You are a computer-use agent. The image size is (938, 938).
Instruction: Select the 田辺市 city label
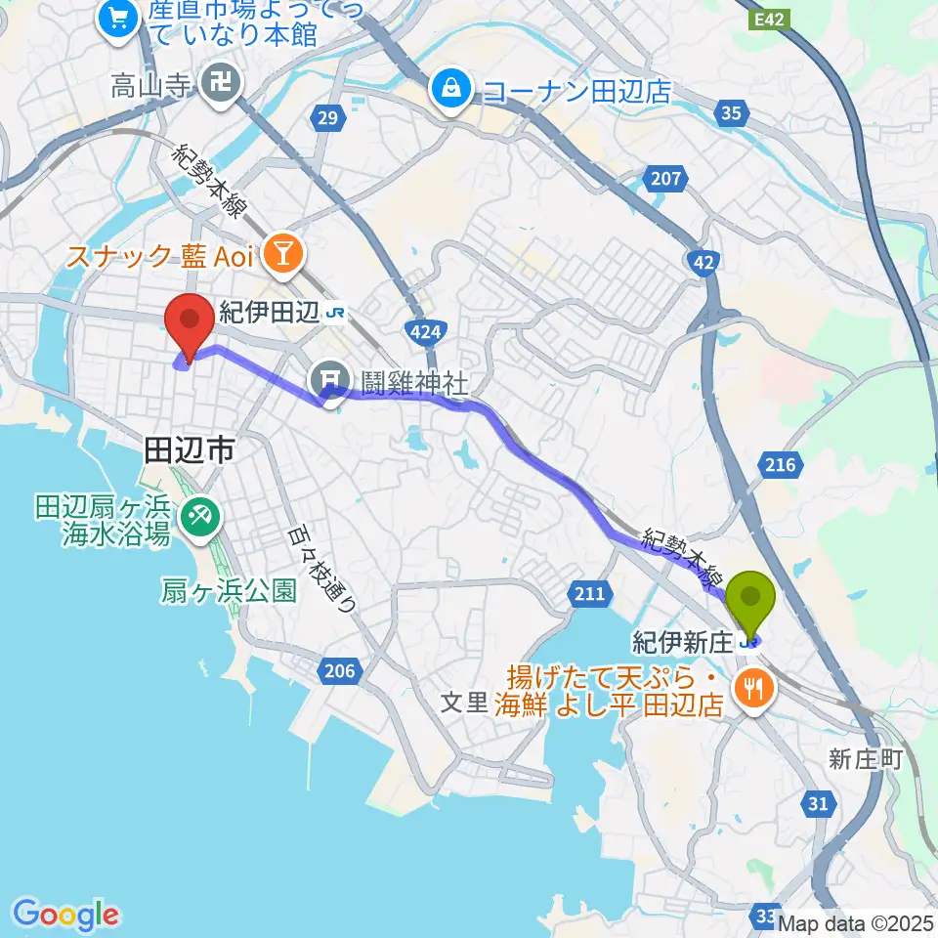(x=188, y=450)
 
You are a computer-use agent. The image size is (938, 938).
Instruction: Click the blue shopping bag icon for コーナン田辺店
(x=452, y=91)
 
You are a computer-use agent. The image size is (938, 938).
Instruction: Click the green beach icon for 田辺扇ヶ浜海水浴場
(x=201, y=511)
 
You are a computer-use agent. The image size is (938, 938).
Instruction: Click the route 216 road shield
(x=781, y=465)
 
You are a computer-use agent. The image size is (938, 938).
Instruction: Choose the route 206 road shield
(x=340, y=669)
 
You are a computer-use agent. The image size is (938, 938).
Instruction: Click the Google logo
(x=66, y=914)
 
